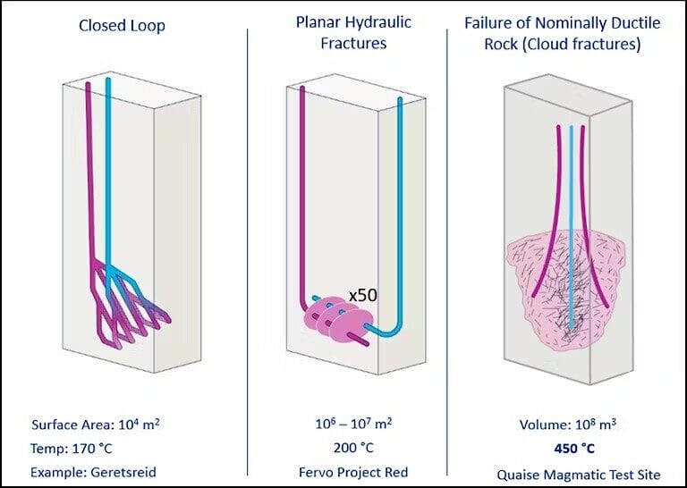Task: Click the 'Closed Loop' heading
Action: point(122,25)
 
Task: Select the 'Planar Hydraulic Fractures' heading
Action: point(353,32)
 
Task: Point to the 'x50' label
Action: point(363,296)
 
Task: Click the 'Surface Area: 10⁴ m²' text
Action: point(96,425)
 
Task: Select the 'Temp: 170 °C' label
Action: point(72,449)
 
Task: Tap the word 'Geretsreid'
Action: point(123,473)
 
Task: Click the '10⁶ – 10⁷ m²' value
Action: point(353,424)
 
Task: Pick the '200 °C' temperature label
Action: point(353,448)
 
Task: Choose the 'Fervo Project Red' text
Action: point(353,472)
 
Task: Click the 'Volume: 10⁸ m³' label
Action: point(568,425)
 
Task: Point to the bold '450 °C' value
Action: point(574,449)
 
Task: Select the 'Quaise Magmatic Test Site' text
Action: point(579,475)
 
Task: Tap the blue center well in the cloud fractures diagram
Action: point(571,228)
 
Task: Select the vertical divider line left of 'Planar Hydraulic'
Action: point(248,252)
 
